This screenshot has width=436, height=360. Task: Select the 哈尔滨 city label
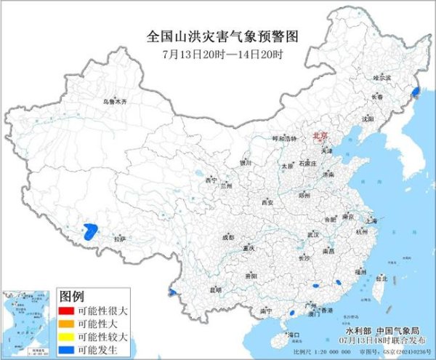381,77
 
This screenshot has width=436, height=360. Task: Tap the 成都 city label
227,238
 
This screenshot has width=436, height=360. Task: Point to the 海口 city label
293,335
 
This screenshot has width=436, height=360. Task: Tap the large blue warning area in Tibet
91,232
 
